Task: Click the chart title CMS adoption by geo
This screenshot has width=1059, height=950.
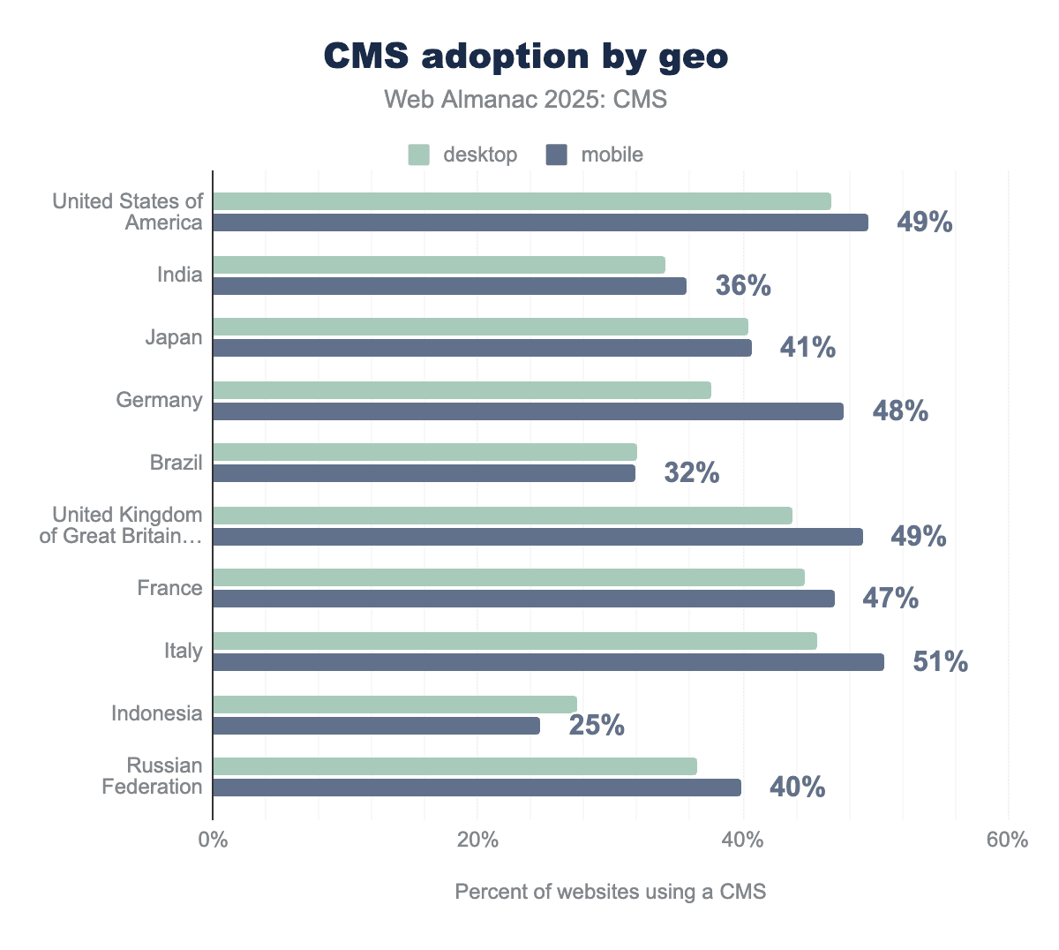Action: pos(526,57)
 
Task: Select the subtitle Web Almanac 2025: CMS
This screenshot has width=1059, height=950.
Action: pos(526,99)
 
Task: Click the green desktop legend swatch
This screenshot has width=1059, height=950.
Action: pos(418,155)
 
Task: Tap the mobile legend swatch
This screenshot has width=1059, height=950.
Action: pos(556,155)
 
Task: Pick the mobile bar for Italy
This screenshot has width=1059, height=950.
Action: pos(548,662)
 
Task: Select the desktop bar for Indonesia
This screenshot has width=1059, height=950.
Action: pos(394,705)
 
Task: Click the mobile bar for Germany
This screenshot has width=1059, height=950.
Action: pos(528,411)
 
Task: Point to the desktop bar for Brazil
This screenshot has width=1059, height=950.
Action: pos(424,452)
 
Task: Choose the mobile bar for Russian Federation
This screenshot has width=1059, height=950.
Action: pos(477,788)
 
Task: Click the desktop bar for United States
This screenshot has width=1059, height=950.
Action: pos(522,201)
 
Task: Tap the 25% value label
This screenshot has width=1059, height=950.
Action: pos(597,726)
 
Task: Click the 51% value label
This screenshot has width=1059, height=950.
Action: pos(940,662)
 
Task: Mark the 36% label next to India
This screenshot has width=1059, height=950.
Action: pos(743,286)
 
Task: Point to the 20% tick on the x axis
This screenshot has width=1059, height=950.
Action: pos(478,840)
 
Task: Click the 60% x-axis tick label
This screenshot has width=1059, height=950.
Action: pos(1007,840)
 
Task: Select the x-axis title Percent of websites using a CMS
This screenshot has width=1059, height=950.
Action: pos(611,892)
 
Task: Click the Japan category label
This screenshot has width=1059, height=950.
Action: pos(174,337)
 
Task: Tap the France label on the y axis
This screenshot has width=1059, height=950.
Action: pos(169,588)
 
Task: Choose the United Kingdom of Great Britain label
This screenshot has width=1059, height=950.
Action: pos(121,525)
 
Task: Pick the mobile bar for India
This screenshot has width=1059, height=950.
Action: pos(449,286)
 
